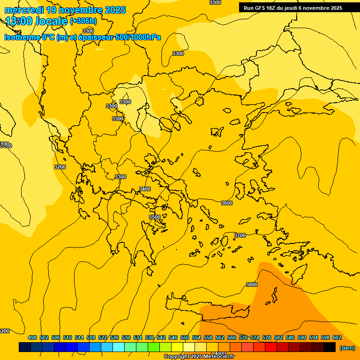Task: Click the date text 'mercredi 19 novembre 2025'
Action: (65, 10)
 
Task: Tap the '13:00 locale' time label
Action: (37, 21)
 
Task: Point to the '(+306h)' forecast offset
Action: (83, 21)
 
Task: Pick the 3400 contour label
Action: (145, 189)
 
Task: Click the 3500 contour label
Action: (155, 217)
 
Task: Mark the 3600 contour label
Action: (227, 203)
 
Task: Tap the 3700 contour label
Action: (240, 235)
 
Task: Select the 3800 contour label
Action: (252, 285)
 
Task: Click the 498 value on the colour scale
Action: (32, 337)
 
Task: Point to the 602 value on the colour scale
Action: (337, 337)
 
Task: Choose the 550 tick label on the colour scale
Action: (185, 337)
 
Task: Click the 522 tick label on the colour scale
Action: (103, 337)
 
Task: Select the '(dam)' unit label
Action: (347, 348)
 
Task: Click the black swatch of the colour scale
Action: (330, 347)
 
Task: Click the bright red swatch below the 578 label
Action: (271, 347)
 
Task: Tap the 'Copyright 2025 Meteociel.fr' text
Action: (199, 357)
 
